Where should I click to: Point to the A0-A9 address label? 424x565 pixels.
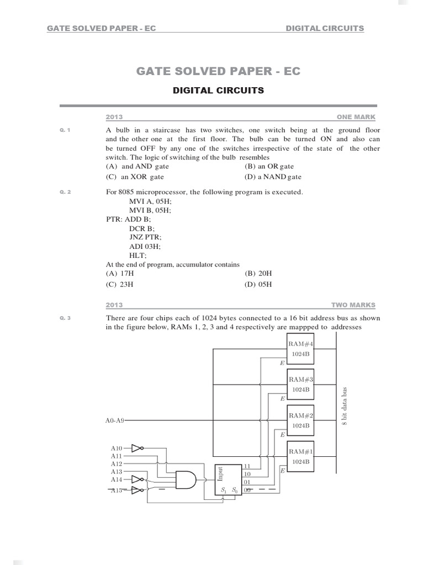pyautogui.click(x=115, y=420)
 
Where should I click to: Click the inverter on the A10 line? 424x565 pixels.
pyautogui.click(x=137, y=449)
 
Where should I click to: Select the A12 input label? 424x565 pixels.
pyautogui.click(x=116, y=464)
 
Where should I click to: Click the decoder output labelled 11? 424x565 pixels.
pyautogui.click(x=247, y=466)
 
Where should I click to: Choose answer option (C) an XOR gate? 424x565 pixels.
pyautogui.click(x=135, y=177)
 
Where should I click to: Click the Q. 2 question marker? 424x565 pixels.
pyautogui.click(x=65, y=192)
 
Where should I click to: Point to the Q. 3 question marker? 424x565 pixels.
pyautogui.click(x=65, y=318)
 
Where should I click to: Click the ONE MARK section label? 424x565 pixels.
pyautogui.click(x=356, y=117)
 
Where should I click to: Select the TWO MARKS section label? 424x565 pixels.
pyautogui.click(x=353, y=305)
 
